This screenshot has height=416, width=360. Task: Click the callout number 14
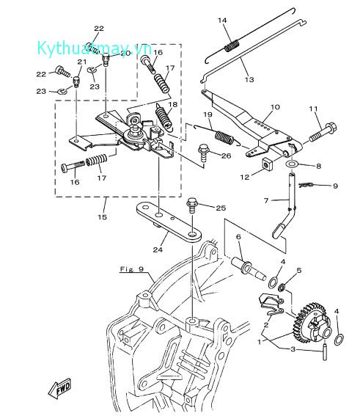click(x=223, y=20)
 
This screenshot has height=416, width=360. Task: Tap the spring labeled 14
click(x=232, y=46)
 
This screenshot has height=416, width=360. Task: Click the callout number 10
click(x=275, y=107)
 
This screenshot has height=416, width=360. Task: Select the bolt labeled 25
click(x=194, y=202)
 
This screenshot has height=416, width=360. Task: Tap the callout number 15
click(x=103, y=217)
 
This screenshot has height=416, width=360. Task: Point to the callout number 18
click(x=173, y=105)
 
